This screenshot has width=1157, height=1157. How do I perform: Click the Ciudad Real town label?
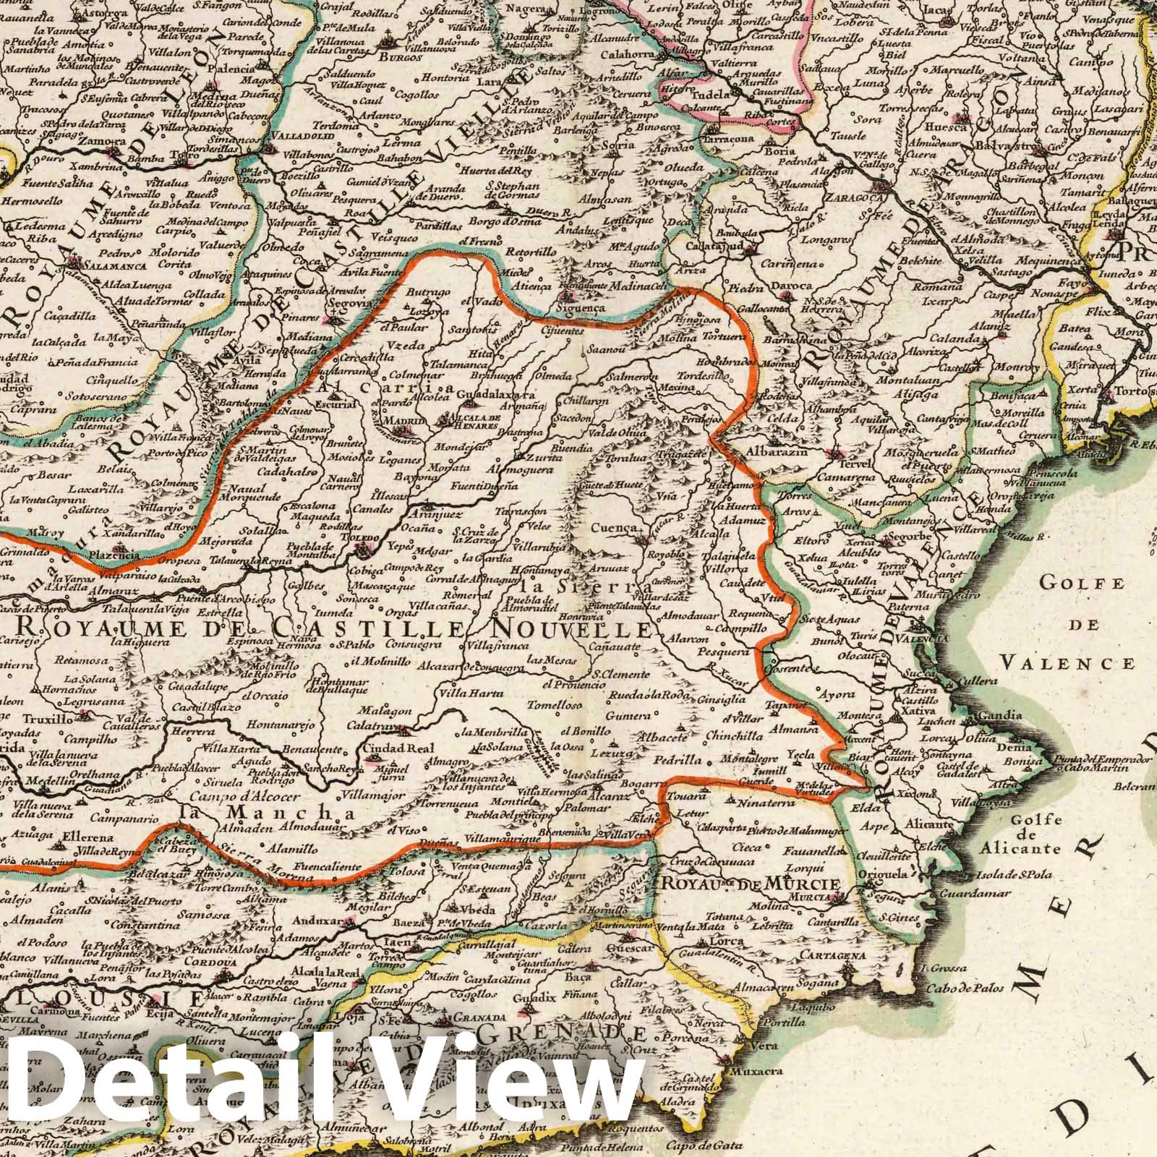tap(393, 748)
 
